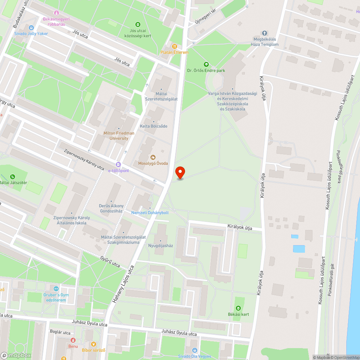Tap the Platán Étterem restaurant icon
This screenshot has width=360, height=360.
175,46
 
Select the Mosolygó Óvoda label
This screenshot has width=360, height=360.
153,163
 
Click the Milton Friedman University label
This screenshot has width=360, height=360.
119,136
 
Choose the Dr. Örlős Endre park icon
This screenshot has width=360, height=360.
206,64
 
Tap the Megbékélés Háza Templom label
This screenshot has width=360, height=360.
265,42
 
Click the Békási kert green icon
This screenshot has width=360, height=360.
238,308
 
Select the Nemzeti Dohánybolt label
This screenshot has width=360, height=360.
150,212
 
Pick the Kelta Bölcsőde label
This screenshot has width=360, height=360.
153,126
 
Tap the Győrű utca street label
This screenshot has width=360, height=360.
110,262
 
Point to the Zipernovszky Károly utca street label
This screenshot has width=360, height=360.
84,159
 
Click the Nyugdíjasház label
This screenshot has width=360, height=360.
161,246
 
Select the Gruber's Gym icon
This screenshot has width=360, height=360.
56,289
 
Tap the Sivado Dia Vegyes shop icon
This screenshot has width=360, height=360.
194,350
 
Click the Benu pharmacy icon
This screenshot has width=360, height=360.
73,340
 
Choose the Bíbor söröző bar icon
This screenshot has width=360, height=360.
94,344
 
